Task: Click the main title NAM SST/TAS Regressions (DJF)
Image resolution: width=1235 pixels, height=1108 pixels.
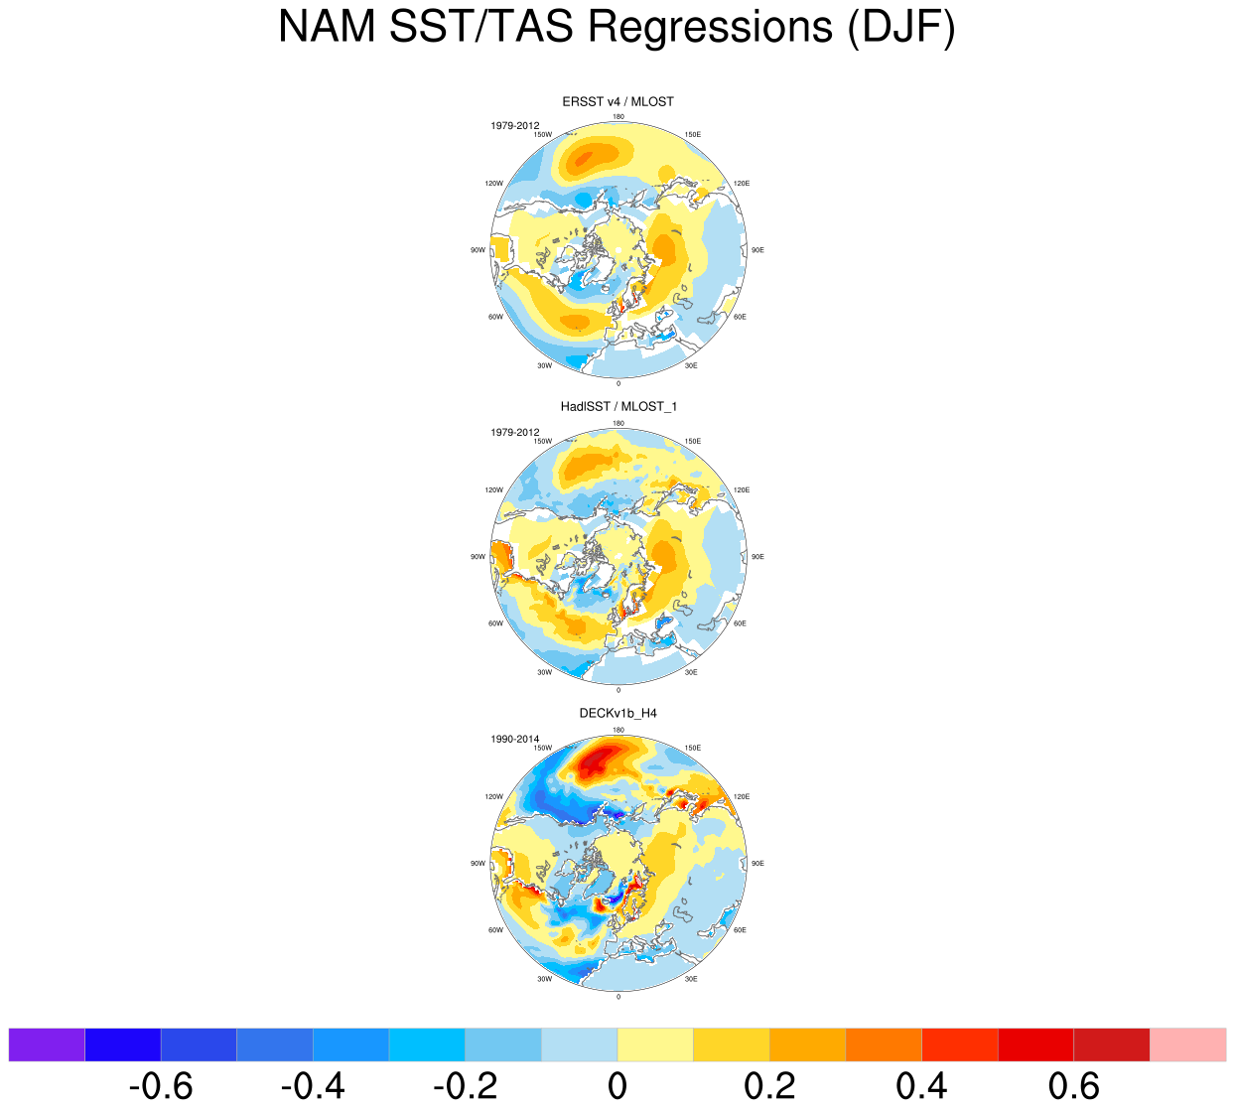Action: point(617,27)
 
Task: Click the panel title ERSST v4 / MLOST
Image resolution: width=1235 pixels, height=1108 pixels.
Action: point(617,101)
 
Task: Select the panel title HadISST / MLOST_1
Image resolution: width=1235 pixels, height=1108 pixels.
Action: point(617,406)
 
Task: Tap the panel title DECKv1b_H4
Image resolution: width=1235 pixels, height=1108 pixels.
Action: point(617,713)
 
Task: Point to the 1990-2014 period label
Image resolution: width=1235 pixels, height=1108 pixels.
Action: point(514,739)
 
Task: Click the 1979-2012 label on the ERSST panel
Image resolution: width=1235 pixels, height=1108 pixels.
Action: point(514,126)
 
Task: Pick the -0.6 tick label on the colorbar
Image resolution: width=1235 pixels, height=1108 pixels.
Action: point(161,1086)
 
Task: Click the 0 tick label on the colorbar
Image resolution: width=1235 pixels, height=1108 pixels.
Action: point(617,1086)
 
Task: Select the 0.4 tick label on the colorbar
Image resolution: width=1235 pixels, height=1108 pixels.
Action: point(921,1086)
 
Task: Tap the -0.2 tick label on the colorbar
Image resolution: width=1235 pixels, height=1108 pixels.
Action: point(465,1086)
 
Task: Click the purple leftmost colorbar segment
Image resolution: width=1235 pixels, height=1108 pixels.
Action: point(47,1044)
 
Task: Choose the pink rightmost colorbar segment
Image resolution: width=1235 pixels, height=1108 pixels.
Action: point(1187,1044)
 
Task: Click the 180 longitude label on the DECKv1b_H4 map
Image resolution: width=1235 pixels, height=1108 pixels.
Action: point(618,730)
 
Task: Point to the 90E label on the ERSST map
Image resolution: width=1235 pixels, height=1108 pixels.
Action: point(757,250)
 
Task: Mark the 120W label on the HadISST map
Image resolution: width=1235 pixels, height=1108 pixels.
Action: point(493,490)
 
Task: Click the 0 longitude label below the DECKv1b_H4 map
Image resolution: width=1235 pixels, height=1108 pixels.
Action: point(618,996)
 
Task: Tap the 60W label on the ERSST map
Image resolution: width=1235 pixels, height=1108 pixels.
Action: point(495,317)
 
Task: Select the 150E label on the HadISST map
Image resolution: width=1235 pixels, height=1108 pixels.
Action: point(693,441)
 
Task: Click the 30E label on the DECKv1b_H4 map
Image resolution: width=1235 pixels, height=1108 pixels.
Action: point(691,979)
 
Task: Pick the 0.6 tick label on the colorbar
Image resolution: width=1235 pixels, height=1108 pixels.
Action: point(1073,1086)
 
